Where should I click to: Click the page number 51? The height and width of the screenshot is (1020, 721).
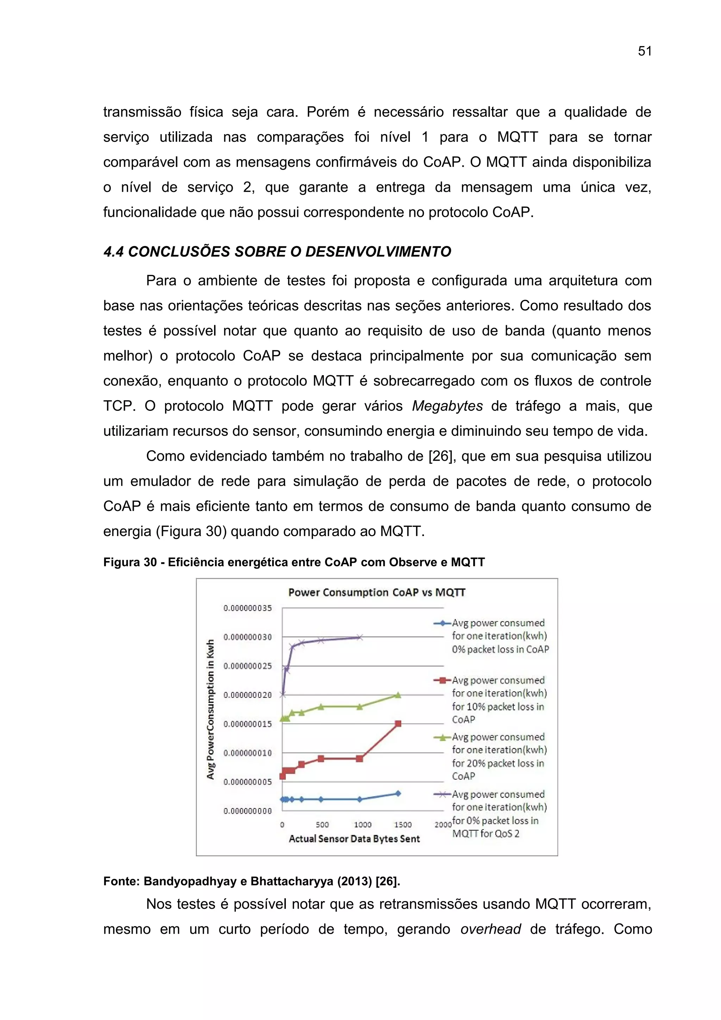point(644,51)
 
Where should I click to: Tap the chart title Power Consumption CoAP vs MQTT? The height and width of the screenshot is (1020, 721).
point(376,592)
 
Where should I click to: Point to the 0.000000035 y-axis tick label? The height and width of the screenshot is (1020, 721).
point(247,608)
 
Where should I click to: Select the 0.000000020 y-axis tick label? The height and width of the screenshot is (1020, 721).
point(247,695)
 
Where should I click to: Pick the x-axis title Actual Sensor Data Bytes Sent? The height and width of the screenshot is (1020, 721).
point(354,839)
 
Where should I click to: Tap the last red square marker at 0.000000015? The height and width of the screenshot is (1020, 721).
point(398,724)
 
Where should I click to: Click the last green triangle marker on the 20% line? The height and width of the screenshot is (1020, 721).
point(398,695)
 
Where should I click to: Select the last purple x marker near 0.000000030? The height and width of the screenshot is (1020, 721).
point(360,637)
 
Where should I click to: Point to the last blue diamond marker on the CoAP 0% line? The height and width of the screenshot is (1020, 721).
point(398,793)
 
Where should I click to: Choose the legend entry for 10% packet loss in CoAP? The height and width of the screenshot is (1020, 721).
point(499,699)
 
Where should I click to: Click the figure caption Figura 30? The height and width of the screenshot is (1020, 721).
point(293,562)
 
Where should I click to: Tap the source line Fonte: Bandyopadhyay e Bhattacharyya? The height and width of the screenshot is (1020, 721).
point(251,881)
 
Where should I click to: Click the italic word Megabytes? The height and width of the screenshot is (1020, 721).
point(447,405)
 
